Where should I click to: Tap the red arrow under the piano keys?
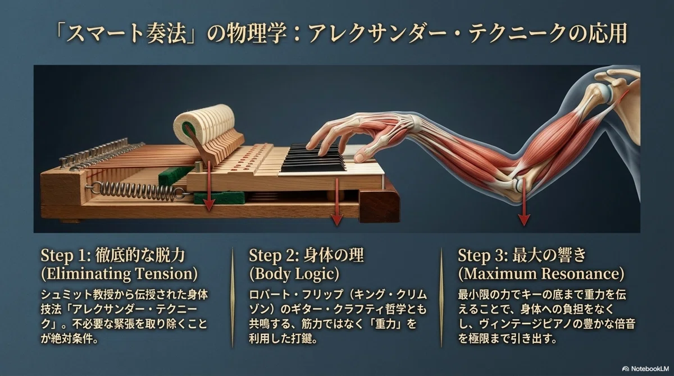pos(337,201)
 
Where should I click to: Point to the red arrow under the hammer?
pos(209,186)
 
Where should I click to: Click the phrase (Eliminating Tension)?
pos(119,274)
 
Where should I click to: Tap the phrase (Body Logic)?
pos(294,274)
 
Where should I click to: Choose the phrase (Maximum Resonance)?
pos(541,274)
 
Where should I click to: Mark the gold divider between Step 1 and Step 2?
pos(233,297)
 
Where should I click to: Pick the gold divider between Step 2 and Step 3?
pos(441,297)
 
